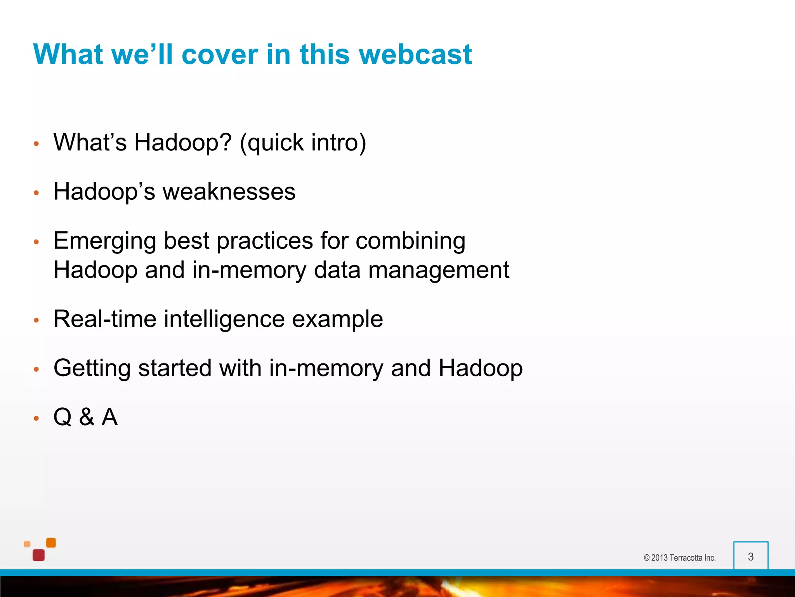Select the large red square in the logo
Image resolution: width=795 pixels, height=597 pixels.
(x=39, y=555)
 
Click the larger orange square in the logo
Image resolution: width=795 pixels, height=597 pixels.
(x=51, y=543)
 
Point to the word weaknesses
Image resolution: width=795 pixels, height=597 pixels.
(x=229, y=192)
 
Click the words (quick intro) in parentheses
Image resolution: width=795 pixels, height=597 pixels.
(x=303, y=143)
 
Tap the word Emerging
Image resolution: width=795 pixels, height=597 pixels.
(x=104, y=241)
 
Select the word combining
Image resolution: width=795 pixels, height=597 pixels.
(x=410, y=241)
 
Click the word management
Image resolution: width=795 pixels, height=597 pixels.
(x=438, y=270)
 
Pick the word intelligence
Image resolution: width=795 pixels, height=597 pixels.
(x=224, y=319)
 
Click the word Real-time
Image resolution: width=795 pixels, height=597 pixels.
(x=105, y=319)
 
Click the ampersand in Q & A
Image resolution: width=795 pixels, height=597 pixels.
(x=87, y=417)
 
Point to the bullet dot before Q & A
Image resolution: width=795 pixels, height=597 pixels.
(x=36, y=418)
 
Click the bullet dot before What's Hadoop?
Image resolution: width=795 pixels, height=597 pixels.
(x=36, y=144)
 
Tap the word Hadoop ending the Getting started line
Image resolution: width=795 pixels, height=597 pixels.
(x=480, y=368)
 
